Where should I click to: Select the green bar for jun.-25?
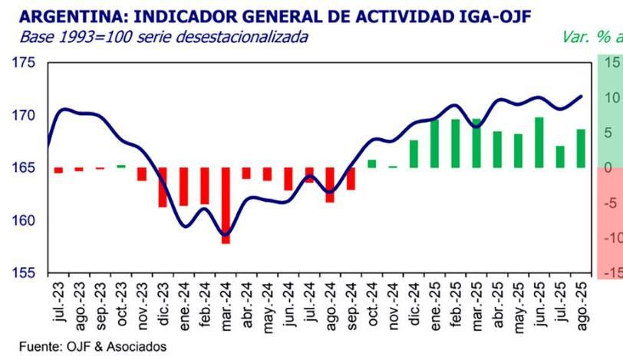click(539, 143)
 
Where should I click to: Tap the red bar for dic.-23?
click(163, 187)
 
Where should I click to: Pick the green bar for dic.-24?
click(414, 154)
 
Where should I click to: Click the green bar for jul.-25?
click(560, 157)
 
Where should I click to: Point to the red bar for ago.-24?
click(330, 185)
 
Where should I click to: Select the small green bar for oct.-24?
click(372, 163)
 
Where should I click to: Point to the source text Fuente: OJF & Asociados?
click(92, 347)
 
